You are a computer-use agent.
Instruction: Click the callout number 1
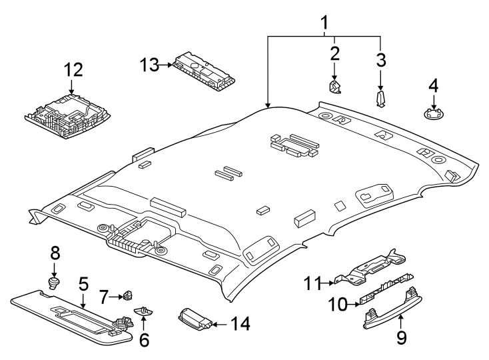point(324,25)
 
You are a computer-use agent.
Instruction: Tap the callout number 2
point(334,53)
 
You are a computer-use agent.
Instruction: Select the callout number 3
point(380,60)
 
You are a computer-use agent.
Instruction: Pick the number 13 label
point(150,65)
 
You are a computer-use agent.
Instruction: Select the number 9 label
point(401,338)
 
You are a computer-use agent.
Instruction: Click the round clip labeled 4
point(434,113)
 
